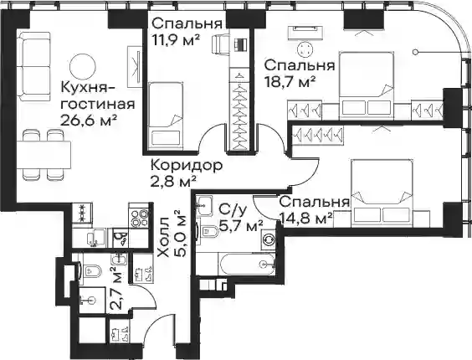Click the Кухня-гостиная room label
(98, 95)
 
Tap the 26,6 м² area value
(89, 121)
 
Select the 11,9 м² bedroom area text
(176, 39)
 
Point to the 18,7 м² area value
(290, 80)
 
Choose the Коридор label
(187, 166)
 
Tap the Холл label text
(163, 239)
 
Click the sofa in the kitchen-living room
(33, 66)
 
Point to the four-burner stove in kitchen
(139, 216)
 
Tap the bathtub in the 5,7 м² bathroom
(247, 265)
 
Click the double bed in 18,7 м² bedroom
(367, 85)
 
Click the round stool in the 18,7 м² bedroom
(305, 49)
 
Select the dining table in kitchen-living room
(44, 155)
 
